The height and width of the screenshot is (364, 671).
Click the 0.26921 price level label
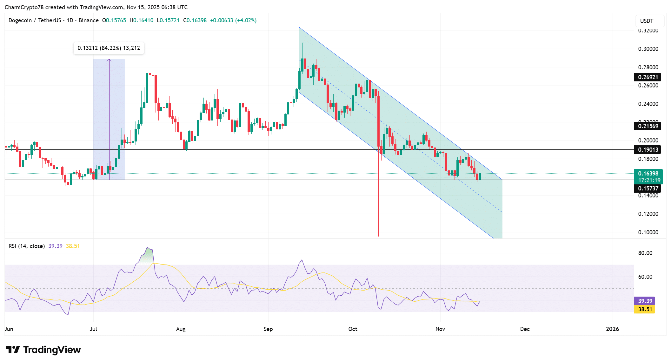pyautogui.click(x=648, y=77)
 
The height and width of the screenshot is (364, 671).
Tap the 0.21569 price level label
pyautogui.click(x=648, y=126)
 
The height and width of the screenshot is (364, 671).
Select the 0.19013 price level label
pyautogui.click(x=648, y=150)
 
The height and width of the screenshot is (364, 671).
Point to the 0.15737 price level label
pyautogui.click(x=648, y=189)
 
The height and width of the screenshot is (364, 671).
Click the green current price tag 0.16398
pyautogui.click(x=648, y=174)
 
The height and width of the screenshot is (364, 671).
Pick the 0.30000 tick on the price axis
pyautogui.click(x=648, y=49)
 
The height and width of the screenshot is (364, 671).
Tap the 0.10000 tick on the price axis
pyautogui.click(x=648, y=232)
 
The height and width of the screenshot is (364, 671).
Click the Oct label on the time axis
pyautogui.click(x=353, y=329)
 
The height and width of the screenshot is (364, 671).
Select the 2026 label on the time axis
pyautogui.click(x=612, y=329)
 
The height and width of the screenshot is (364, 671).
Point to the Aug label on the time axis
pyautogui.click(x=181, y=329)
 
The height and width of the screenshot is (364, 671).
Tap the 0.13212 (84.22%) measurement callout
pyautogui.click(x=109, y=48)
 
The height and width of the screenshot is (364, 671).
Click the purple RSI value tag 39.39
pyautogui.click(x=645, y=301)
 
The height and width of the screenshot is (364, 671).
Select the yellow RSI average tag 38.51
pyautogui.click(x=645, y=309)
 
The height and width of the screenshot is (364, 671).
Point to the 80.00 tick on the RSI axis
pyautogui.click(x=645, y=253)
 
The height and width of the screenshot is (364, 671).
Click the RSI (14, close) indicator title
pyautogui.click(x=27, y=246)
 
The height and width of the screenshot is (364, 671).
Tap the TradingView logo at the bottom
pyautogui.click(x=43, y=350)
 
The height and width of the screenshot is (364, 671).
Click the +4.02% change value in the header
pyautogui.click(x=246, y=20)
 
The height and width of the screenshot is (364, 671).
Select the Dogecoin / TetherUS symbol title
pyautogui.click(x=35, y=20)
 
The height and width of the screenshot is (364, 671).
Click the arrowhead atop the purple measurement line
pyautogui.click(x=109, y=60)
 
